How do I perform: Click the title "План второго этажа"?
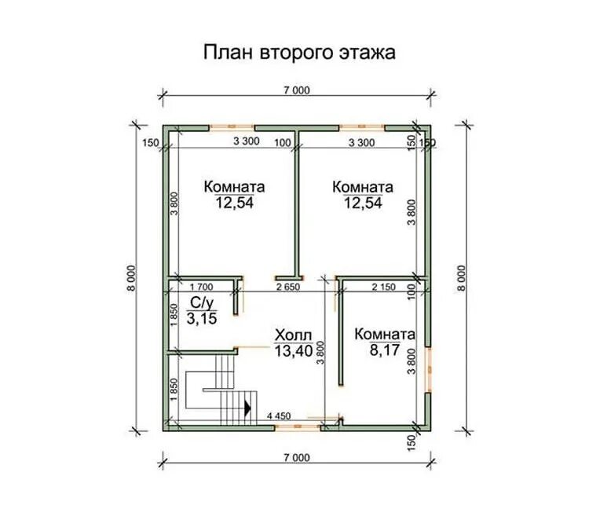click(299, 53)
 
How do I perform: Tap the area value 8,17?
click(384, 350)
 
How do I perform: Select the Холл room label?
click(293, 335)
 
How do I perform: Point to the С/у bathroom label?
click(202, 302)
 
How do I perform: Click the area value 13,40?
click(294, 351)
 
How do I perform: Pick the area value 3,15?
click(202, 319)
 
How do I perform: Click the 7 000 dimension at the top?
click(297, 90)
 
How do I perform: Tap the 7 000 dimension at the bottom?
click(297, 457)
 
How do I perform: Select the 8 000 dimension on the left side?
click(130, 278)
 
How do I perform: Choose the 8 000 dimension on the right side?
click(462, 278)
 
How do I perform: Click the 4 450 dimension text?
click(279, 416)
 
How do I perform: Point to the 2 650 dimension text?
click(288, 287)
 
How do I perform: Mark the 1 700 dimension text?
click(201, 287)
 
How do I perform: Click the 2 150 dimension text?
click(383, 287)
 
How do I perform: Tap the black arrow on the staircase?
click(247, 408)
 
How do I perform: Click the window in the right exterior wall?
click(428, 369)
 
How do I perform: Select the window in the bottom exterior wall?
click(298, 427)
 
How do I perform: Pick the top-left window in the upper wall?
click(232, 127)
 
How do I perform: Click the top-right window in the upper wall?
click(362, 127)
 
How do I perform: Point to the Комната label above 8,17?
click(385, 334)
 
